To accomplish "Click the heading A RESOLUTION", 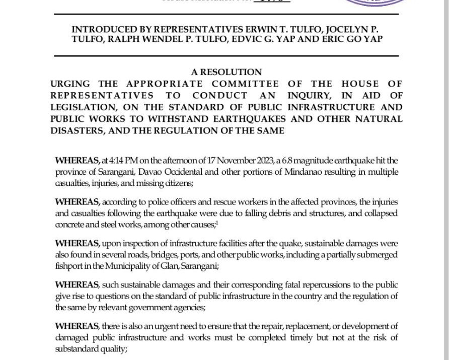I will click(226, 72).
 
